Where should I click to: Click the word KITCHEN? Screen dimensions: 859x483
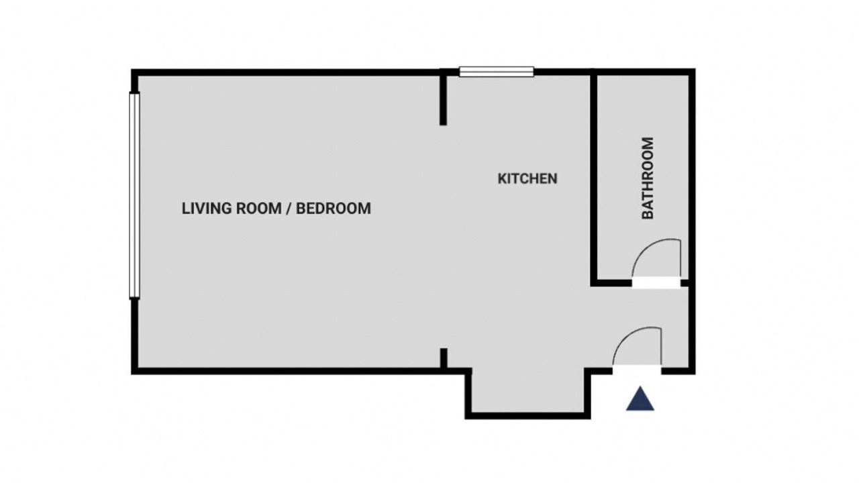[x=527, y=178]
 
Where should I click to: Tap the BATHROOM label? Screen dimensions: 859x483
[x=648, y=178]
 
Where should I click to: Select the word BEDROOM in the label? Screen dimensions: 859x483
[x=334, y=209]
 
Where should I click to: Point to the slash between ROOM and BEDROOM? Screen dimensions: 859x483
[x=289, y=209]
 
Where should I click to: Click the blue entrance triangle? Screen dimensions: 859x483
[x=640, y=399]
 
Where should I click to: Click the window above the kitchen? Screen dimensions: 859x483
[x=497, y=72]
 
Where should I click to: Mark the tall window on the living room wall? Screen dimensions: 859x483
[x=134, y=195]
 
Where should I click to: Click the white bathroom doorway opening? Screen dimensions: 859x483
[x=656, y=283]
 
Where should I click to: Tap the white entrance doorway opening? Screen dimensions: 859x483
[x=637, y=370]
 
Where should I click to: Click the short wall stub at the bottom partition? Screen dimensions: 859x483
[x=444, y=358]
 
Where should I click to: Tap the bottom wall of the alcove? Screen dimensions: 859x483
[x=527, y=416]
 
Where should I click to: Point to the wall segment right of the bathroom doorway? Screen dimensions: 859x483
[x=685, y=283]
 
